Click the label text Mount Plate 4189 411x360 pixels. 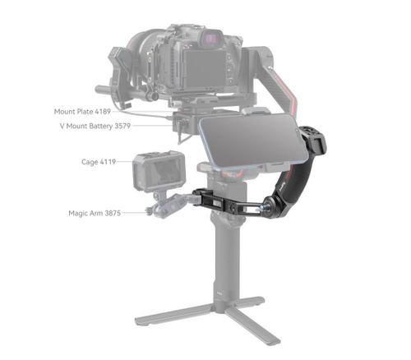coord(82,112)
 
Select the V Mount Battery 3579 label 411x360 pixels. coord(95,126)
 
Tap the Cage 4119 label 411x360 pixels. coord(99,162)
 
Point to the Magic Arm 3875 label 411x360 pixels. coord(95,213)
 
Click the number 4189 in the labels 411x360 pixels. coord(103,112)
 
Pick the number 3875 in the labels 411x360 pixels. coord(113,213)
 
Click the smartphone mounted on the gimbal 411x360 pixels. coord(253,142)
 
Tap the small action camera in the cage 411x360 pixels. coord(159,171)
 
